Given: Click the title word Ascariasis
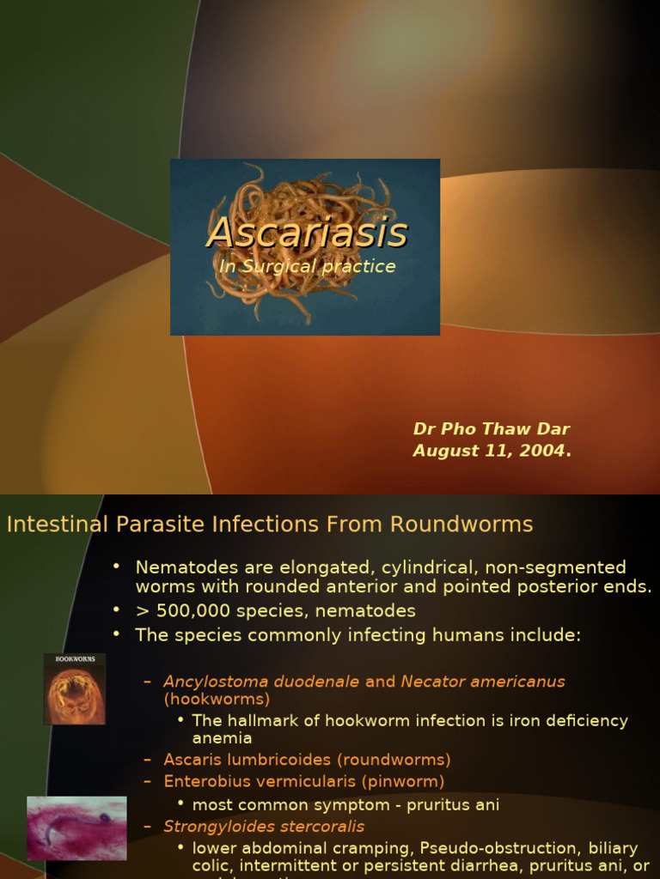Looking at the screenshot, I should (307, 233).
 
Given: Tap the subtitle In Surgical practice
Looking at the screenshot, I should (307, 266).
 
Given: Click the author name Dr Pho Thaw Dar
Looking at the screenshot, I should (491, 429).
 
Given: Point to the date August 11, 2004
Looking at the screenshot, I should (491, 451).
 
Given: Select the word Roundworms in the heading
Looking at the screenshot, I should (461, 524).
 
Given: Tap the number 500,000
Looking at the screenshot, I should (196, 611).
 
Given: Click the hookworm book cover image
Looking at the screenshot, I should (75, 688).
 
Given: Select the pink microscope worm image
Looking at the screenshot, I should (76, 827).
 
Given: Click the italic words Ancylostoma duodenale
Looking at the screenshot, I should (261, 682).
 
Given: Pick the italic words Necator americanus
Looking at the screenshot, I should (482, 682).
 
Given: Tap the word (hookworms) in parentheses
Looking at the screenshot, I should (217, 700).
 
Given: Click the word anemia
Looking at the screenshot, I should (222, 738).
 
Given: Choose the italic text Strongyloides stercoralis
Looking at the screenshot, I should (264, 827).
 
